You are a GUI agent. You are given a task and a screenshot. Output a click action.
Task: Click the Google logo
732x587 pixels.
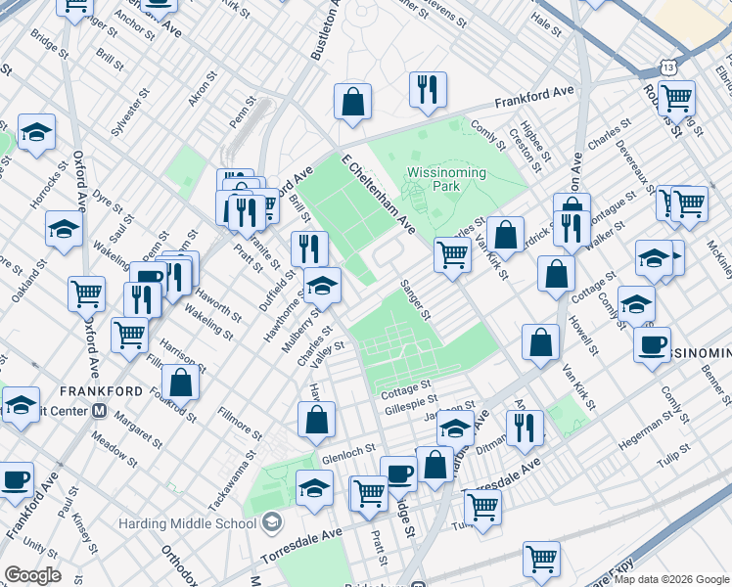pyautogui.click(x=32, y=575)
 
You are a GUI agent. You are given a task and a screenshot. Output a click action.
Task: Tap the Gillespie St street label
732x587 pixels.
pyautogui.click(x=411, y=401)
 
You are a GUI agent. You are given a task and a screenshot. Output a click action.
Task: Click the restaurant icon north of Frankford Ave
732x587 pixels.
pyautogui.click(x=428, y=90)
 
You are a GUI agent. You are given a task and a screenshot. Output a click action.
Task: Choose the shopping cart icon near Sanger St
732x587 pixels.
pyautogui.click(x=452, y=255)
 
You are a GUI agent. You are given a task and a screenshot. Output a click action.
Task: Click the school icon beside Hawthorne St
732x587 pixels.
pyautogui.click(x=322, y=287)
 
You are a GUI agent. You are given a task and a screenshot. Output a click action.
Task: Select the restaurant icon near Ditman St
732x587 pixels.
pyautogui.click(x=525, y=428)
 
